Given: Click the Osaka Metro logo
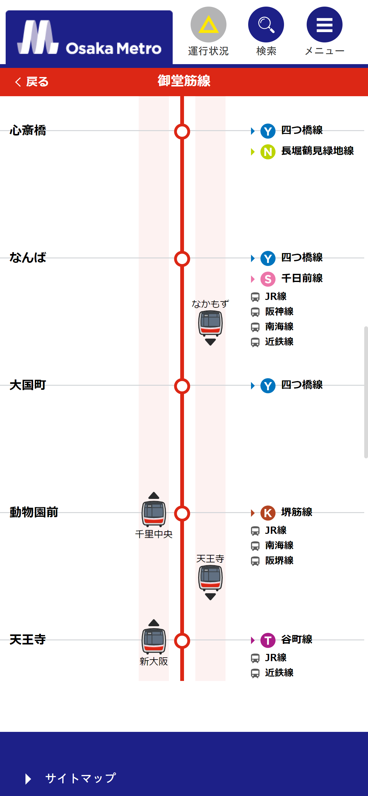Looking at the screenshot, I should pyautogui.click(x=89, y=38).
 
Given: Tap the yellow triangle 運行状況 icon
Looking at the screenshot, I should pyautogui.click(x=208, y=25).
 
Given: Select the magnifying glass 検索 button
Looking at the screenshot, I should pyautogui.click(x=266, y=25).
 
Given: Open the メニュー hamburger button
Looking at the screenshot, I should pyautogui.click(x=324, y=25).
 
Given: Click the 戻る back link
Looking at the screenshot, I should pyautogui.click(x=32, y=82).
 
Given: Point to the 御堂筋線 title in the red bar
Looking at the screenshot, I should pyautogui.click(x=184, y=81).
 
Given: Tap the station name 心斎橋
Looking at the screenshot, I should pyautogui.click(x=28, y=130).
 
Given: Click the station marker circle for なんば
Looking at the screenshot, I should pyautogui.click(x=182, y=259).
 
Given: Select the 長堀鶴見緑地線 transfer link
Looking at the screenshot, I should pyautogui.click(x=317, y=151).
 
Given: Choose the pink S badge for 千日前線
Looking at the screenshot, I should pyautogui.click(x=268, y=279).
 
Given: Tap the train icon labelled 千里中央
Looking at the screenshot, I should pyautogui.click(x=154, y=513).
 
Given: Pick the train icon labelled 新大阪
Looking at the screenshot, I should pyautogui.click(x=154, y=640).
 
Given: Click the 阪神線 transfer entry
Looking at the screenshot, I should pyautogui.click(x=279, y=312).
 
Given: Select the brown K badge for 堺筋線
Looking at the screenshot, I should pyautogui.click(x=268, y=513).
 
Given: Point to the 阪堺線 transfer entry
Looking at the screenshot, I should pyautogui.click(x=279, y=561).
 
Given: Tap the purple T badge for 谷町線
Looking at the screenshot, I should pyautogui.click(x=268, y=640).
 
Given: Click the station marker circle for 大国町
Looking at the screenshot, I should pyautogui.click(x=182, y=386).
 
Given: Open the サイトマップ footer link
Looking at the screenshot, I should pyautogui.click(x=81, y=778).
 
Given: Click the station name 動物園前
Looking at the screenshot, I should pyautogui.click(x=34, y=512).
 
